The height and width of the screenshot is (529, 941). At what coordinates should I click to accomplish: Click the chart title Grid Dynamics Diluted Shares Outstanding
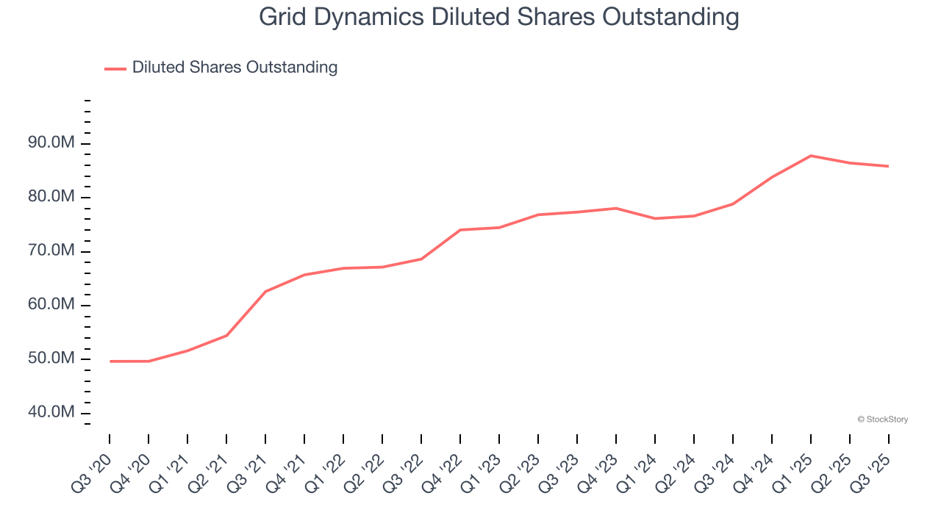tap(498, 17)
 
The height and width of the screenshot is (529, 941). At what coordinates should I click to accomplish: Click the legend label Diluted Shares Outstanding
tap(235, 68)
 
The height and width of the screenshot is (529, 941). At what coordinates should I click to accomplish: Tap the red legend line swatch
tap(115, 68)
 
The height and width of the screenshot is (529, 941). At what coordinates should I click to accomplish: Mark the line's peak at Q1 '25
tap(810, 156)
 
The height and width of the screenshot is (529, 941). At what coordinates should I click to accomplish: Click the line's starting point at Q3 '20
tap(110, 361)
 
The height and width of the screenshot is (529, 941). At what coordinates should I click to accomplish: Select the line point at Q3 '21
tap(265, 292)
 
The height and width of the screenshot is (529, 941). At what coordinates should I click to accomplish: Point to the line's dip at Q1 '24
tap(654, 218)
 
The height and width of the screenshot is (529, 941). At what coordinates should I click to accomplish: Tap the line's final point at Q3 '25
tap(888, 166)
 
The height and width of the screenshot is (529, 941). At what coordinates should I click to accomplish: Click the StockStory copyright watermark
tap(883, 420)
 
